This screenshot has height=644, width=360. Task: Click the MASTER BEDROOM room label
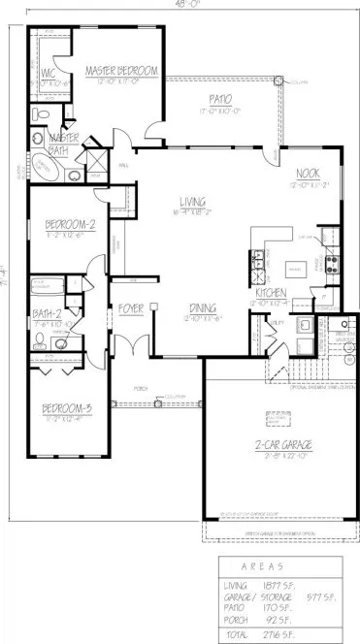click(x=120, y=70)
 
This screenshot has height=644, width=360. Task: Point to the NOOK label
click(x=308, y=175)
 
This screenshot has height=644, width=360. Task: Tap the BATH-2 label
click(x=46, y=314)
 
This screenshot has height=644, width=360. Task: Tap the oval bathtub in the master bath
click(x=46, y=168)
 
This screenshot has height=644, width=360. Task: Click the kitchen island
click(x=295, y=266)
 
